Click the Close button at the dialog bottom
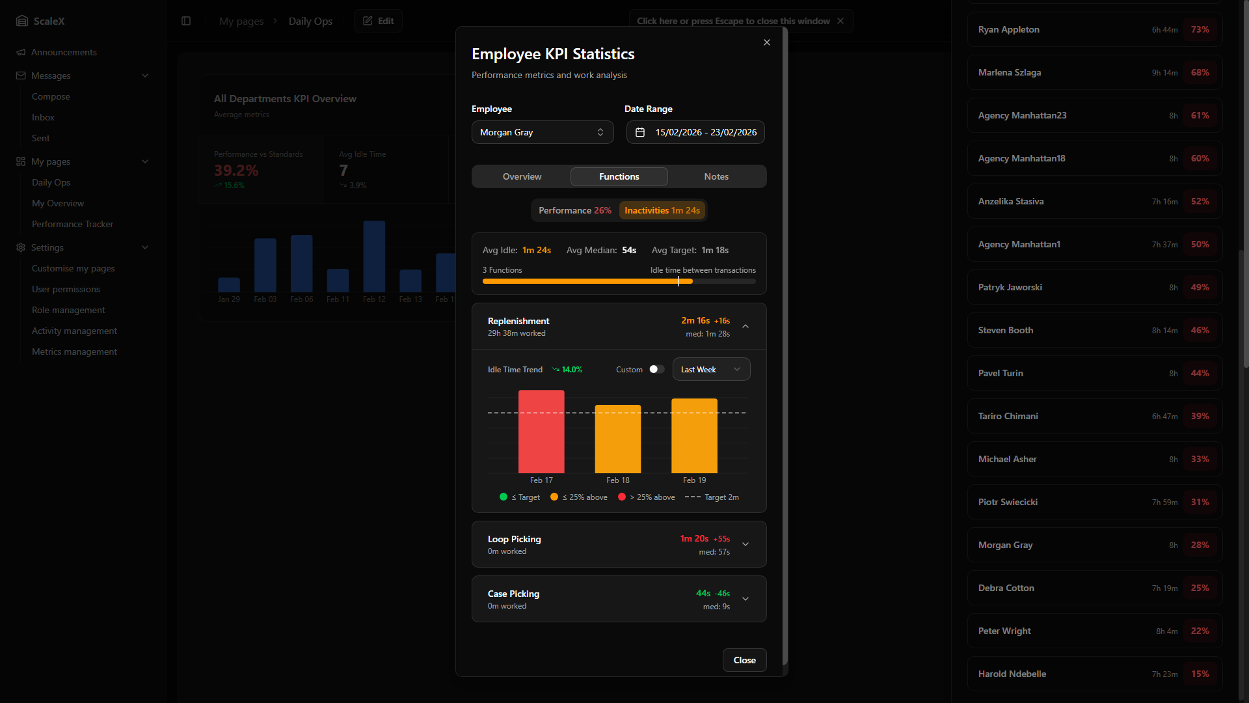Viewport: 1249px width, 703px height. pyautogui.click(x=744, y=660)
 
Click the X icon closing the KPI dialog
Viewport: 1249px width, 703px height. pyautogui.click(x=767, y=42)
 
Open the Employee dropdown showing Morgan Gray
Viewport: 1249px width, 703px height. pyautogui.click(x=542, y=132)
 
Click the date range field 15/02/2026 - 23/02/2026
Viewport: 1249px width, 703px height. pyautogui.click(x=695, y=132)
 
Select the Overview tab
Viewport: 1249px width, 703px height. pyautogui.click(x=522, y=176)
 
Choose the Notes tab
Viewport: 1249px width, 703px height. pyautogui.click(x=716, y=176)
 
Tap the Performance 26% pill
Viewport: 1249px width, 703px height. pyautogui.click(x=574, y=210)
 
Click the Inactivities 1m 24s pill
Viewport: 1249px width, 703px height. pyautogui.click(x=662, y=210)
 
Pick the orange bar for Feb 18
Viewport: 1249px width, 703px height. pyautogui.click(x=618, y=439)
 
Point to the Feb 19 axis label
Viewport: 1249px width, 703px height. pyautogui.click(x=694, y=480)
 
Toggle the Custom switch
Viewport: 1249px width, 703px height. pyautogui.click(x=656, y=370)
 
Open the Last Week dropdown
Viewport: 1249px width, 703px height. pyautogui.click(x=711, y=370)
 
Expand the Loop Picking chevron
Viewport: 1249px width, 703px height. pyautogui.click(x=745, y=544)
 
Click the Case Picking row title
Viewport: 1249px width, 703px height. pyautogui.click(x=513, y=594)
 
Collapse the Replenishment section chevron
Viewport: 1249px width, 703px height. pyautogui.click(x=745, y=326)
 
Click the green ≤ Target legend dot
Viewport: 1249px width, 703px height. pyautogui.click(x=504, y=497)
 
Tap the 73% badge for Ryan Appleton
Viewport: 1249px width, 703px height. pyautogui.click(x=1200, y=30)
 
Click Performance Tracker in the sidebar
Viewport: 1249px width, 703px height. pyautogui.click(x=72, y=224)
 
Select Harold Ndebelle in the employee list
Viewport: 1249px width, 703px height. pyautogui.click(x=1012, y=674)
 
